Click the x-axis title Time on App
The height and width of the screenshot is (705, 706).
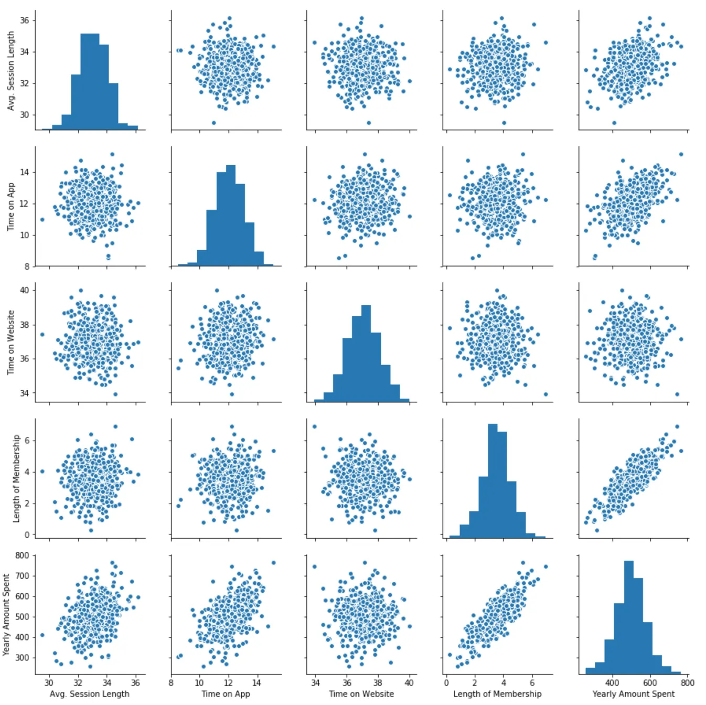click(226, 694)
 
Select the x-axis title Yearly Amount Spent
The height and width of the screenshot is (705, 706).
click(633, 694)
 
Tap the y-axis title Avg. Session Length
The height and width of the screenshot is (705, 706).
click(10, 70)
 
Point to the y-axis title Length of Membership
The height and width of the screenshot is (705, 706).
click(16, 478)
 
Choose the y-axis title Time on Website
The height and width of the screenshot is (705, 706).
click(10, 343)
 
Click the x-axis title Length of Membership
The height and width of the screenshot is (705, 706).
click(497, 694)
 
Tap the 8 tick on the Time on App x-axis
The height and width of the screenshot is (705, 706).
click(172, 683)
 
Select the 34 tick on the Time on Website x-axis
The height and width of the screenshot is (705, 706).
click(315, 683)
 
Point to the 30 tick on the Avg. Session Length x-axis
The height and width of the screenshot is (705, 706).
click(49, 683)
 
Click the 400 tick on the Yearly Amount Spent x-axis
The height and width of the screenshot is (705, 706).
click(612, 683)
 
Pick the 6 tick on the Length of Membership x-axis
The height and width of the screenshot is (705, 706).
click(532, 683)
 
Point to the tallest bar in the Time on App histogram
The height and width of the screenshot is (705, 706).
click(231, 216)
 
